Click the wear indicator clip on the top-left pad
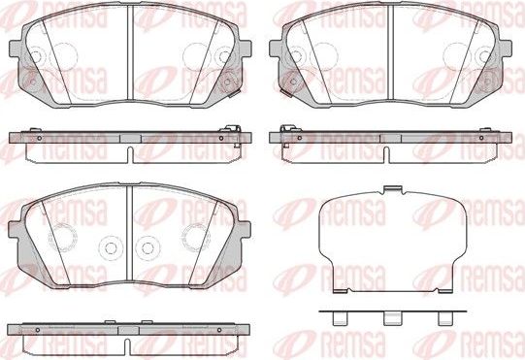coord(234,93)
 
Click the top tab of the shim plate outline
coord(392,188)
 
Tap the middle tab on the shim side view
coord(392,316)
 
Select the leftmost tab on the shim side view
coord(339,316)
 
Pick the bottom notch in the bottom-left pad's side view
coord(130,335)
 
